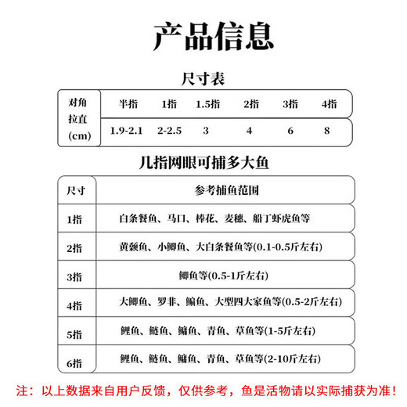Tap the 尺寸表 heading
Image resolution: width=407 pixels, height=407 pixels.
pyautogui.click(x=203, y=78)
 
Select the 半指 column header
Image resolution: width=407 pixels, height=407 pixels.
pyautogui.click(x=128, y=103)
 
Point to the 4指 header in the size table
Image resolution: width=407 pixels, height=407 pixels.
pyautogui.click(x=329, y=103)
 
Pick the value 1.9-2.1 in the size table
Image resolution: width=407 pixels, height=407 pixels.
pyautogui.click(x=128, y=130)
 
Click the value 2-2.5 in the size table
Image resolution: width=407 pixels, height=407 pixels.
pyautogui.click(x=170, y=130)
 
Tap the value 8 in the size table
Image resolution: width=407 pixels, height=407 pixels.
pyautogui.click(x=329, y=130)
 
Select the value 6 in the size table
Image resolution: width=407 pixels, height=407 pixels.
pyautogui.click(x=290, y=130)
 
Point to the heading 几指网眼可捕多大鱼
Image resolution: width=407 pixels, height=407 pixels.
pyautogui.click(x=203, y=165)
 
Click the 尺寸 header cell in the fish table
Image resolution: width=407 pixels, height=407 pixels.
pyautogui.click(x=77, y=190)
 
